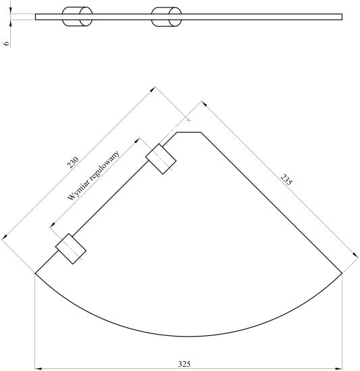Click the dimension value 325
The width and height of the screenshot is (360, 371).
point(184,364)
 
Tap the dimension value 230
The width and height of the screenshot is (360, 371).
point(73,163)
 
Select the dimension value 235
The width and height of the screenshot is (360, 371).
point(286,179)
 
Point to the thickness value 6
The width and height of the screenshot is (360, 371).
point(7,43)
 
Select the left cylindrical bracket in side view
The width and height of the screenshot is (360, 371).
point(77,17)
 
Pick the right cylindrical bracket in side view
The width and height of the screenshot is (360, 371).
point(167,17)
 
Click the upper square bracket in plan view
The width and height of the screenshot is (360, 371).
point(161,159)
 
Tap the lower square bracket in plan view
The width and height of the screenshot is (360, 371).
point(71,249)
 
